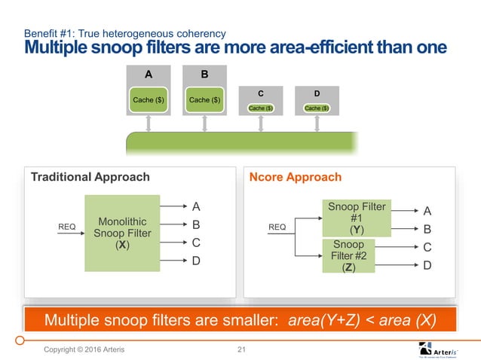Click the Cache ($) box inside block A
click(149, 99)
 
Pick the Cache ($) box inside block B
click(204, 99)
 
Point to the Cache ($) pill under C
click(260, 108)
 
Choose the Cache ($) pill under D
click(317, 108)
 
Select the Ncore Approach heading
click(296, 177)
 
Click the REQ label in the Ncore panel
click(278, 224)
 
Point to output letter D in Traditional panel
click(196, 261)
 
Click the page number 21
click(242, 348)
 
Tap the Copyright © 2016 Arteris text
click(84, 348)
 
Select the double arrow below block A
click(149, 123)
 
